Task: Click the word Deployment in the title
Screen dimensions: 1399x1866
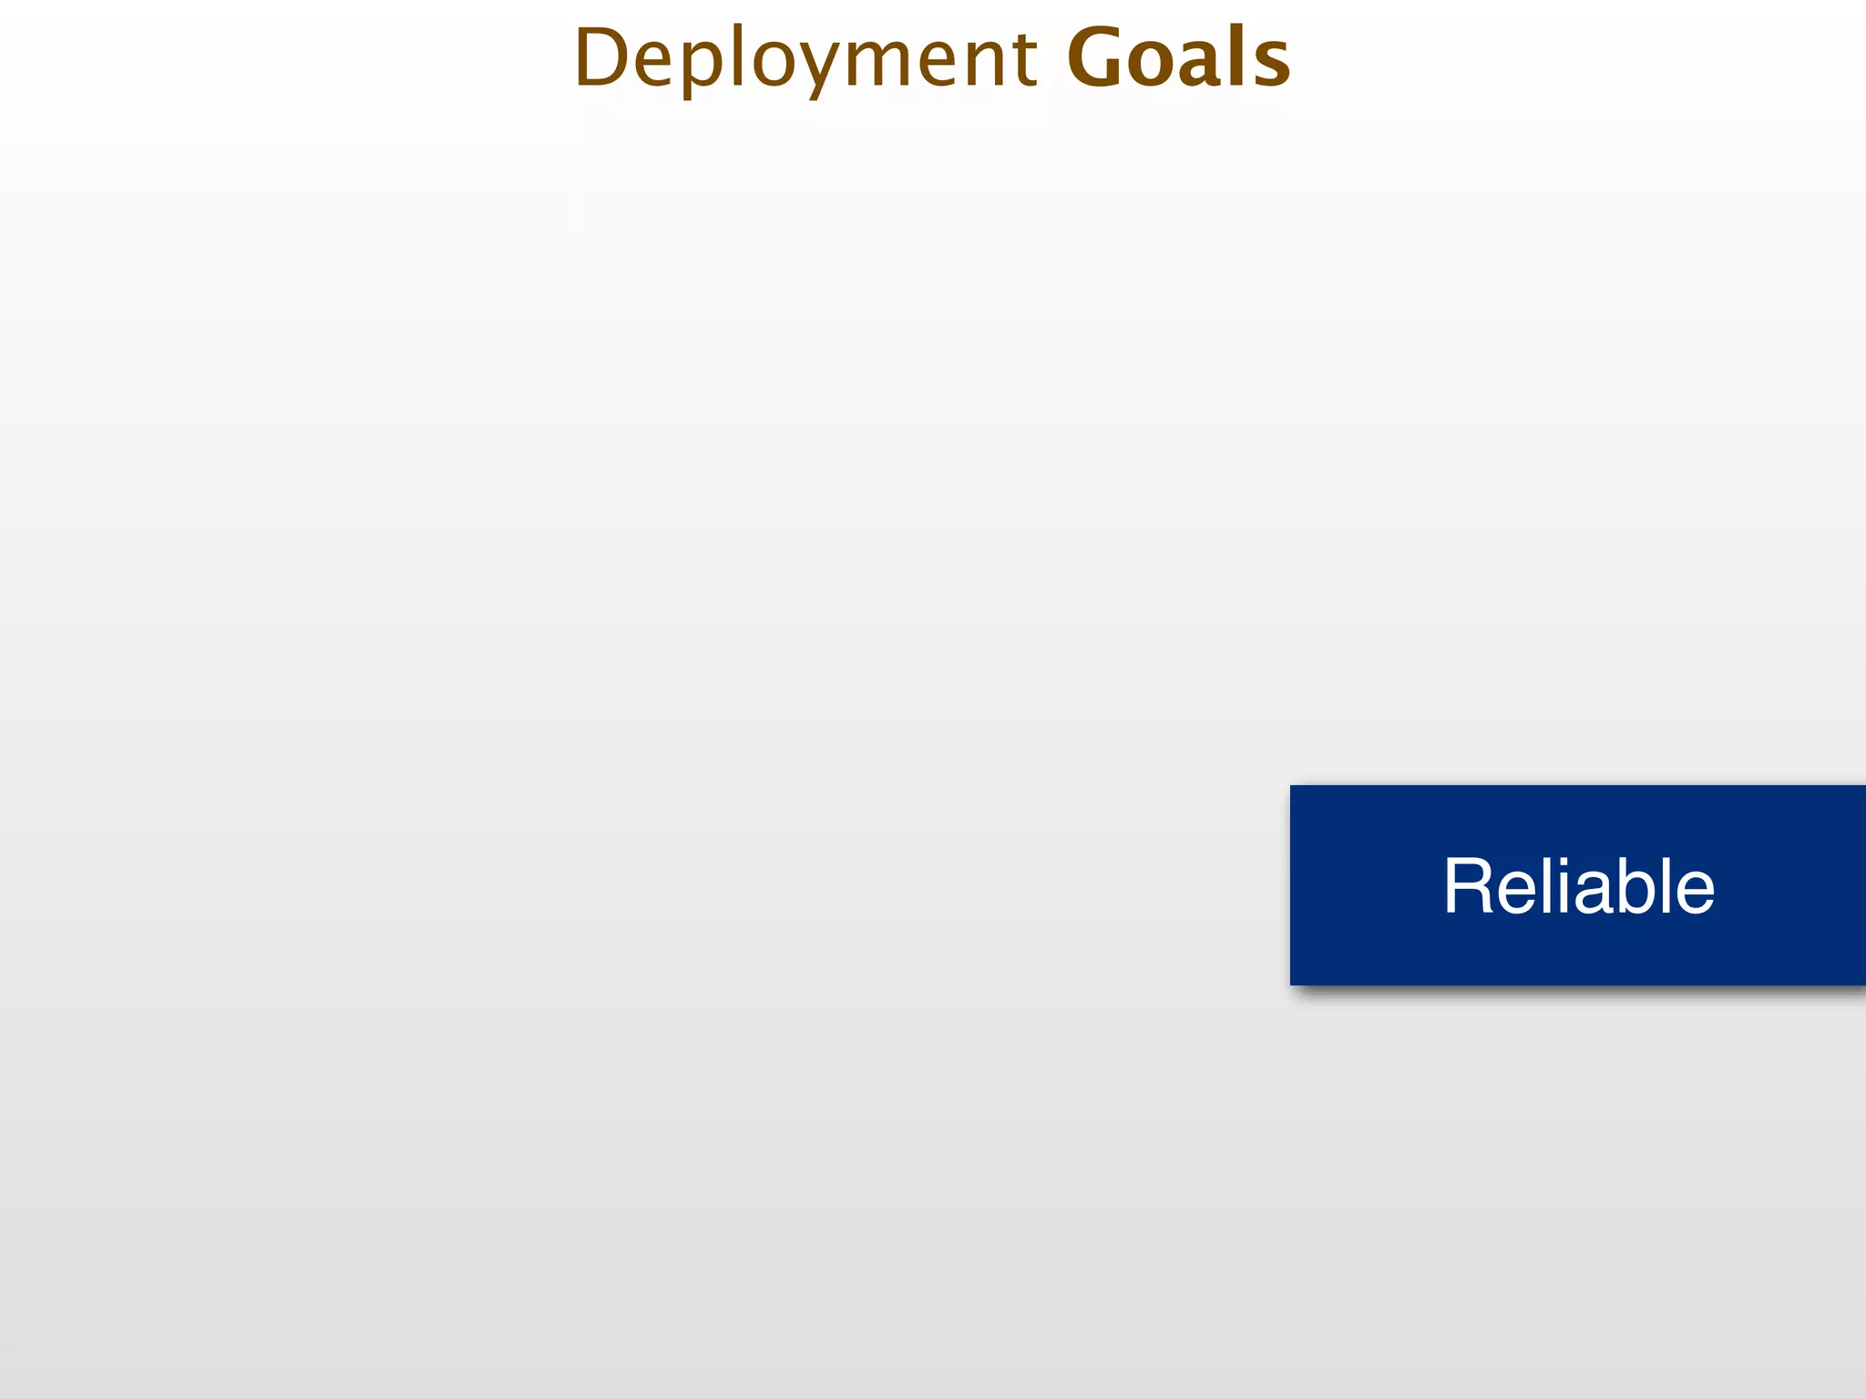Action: (805, 58)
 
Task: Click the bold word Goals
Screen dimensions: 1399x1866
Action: (1178, 58)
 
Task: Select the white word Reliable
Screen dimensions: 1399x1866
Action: (1578, 885)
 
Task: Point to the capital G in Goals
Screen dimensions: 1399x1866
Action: (1098, 58)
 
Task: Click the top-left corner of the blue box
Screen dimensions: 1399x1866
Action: (1291, 786)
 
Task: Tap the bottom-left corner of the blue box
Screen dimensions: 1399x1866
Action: (1291, 984)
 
